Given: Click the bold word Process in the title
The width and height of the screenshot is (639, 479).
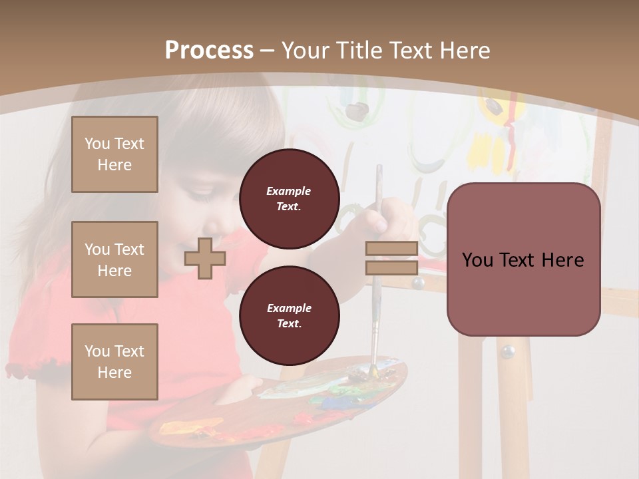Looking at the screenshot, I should click(209, 50).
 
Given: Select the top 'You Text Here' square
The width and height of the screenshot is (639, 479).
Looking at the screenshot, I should click(114, 154).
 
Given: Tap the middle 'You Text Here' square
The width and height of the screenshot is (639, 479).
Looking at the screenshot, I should click(114, 259).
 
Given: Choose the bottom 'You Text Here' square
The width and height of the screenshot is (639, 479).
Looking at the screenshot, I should click(114, 362).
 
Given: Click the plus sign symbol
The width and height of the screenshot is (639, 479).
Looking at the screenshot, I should click(205, 258).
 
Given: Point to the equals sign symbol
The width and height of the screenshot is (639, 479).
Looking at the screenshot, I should click(391, 258).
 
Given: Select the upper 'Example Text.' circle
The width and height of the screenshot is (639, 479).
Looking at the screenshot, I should click(289, 199).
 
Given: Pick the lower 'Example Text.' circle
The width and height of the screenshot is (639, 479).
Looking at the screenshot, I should click(289, 316).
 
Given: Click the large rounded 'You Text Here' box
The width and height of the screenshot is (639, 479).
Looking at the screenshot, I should click(523, 259).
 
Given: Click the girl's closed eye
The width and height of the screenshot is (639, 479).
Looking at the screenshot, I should click(200, 194).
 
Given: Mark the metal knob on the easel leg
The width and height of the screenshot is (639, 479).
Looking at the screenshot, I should click(508, 351).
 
